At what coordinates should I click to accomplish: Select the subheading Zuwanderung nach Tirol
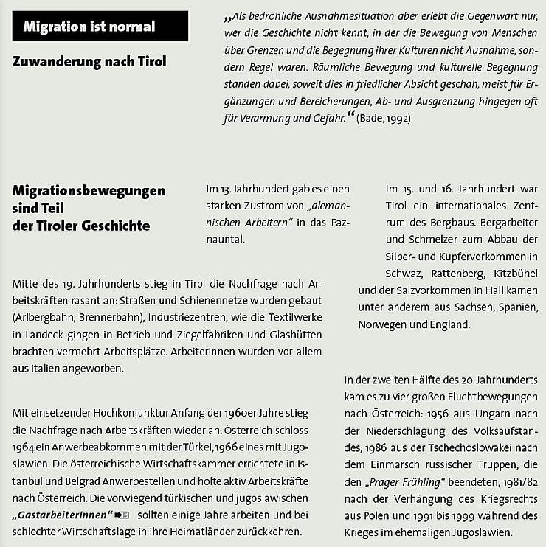(89, 62)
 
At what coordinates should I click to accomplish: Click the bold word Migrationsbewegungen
(89, 192)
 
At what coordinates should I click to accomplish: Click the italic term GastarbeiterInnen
(62, 513)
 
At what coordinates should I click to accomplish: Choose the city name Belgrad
(76, 481)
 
